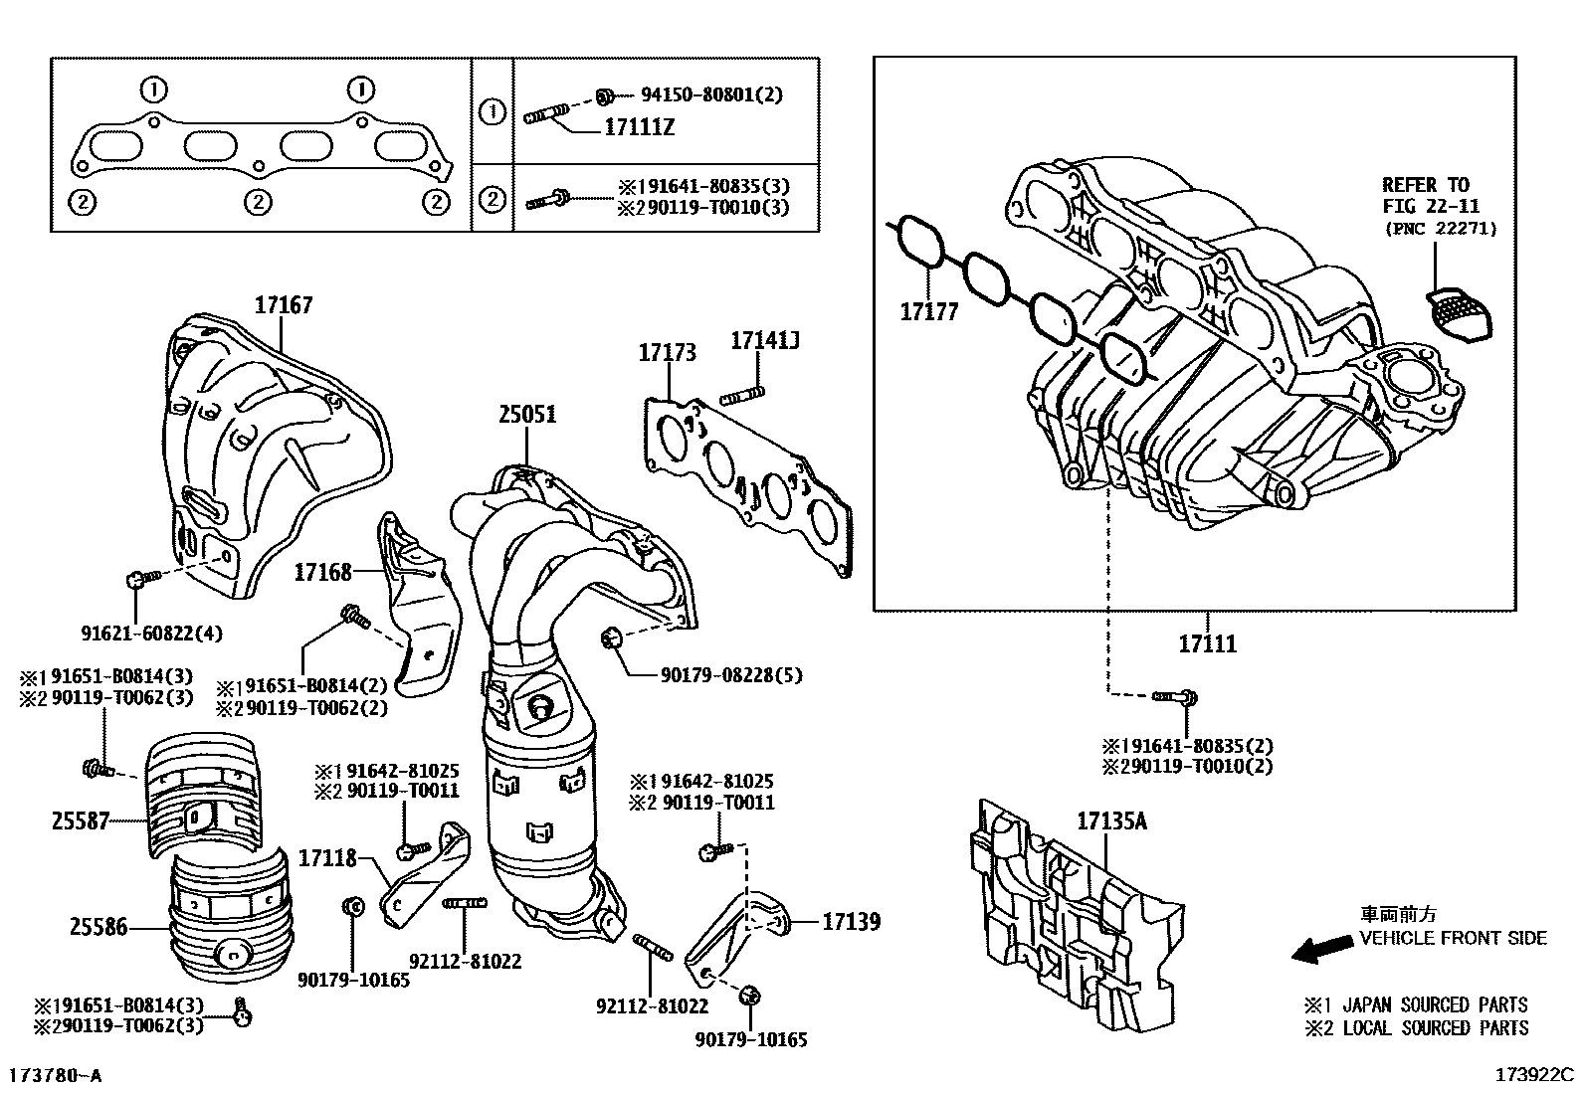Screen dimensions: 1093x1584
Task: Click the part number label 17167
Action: point(283,305)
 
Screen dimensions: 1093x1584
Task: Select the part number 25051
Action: point(527,414)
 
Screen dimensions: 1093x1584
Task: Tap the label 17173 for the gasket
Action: point(667,353)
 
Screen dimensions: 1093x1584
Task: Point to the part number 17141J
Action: point(765,341)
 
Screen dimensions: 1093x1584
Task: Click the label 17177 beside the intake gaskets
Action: point(928,312)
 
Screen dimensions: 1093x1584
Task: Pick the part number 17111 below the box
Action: point(1207,643)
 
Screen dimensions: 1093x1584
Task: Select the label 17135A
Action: point(1111,821)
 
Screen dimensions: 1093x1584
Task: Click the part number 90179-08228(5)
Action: point(730,675)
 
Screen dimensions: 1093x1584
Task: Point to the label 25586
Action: point(99,927)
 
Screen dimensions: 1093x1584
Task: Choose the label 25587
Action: point(81,821)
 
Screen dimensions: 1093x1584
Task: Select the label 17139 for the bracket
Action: point(851,922)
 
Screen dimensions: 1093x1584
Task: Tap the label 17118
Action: point(327,857)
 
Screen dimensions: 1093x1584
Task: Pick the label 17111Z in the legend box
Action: point(640,127)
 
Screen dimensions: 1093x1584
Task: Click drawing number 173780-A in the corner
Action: point(56,1076)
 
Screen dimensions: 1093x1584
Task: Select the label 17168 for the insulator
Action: point(322,572)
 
